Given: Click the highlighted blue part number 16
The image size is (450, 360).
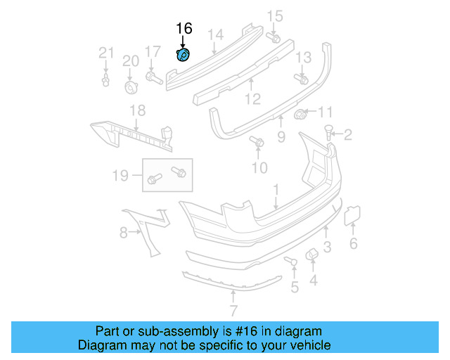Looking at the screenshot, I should pos(183,56).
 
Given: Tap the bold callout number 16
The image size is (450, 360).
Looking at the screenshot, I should pos(184,28).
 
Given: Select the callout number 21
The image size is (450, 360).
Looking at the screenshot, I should pos(105,52).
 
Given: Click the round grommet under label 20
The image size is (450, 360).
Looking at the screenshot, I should pos(131,86).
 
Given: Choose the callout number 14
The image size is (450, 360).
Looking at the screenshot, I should pos(215,34).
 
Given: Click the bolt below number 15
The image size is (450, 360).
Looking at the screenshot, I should pos(275,37).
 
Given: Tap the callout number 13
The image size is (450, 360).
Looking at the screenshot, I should pos(303,58).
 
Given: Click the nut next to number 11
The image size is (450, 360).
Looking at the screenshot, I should pos(300,114).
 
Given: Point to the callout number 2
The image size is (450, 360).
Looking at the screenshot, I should pos(347,134).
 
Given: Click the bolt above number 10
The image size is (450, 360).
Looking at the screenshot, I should pos(257,143).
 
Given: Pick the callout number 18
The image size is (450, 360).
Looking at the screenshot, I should pos(137,110).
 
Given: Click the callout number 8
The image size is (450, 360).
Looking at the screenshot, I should pos(123,231).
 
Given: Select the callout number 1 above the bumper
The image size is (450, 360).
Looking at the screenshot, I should pos(276,189).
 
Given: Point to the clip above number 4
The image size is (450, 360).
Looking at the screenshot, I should pos(311,255).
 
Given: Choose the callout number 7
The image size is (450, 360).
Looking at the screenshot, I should pos(233,311).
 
